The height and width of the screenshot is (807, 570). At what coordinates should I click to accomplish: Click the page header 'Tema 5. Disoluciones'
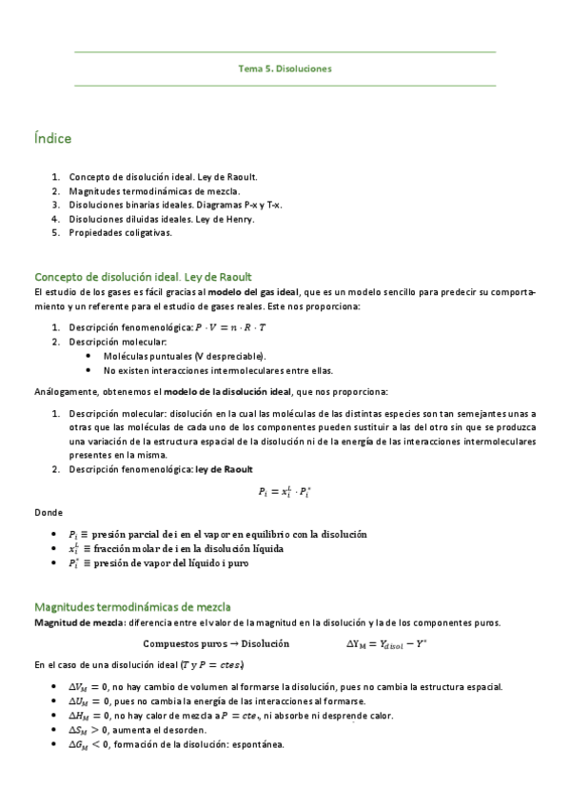point(285,69)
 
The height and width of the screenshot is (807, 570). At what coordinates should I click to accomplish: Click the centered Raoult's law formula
point(285,491)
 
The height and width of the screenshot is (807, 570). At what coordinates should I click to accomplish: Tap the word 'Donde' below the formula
point(48,512)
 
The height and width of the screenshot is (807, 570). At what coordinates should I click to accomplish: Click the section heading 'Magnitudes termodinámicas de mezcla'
point(132,606)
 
